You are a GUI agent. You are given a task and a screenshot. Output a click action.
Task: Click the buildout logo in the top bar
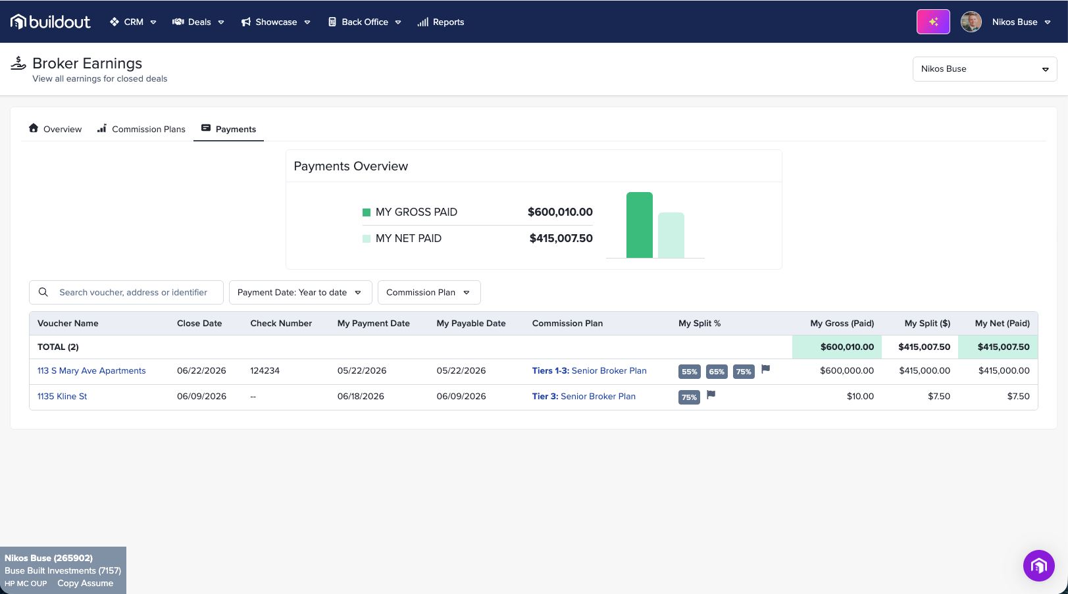pyautogui.click(x=51, y=22)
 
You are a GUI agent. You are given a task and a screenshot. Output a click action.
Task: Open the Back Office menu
pyautogui.click(x=365, y=22)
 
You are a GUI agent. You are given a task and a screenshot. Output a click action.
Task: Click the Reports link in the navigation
pyautogui.click(x=440, y=22)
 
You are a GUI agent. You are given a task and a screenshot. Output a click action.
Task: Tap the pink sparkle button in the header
pyautogui.click(x=932, y=22)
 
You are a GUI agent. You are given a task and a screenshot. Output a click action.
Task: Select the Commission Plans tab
pyautogui.click(x=141, y=129)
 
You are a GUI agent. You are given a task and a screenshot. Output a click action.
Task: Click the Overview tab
pyautogui.click(x=55, y=129)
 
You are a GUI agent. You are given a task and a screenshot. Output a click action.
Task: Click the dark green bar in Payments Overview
pyautogui.click(x=640, y=225)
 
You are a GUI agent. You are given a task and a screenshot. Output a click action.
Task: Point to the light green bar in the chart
pyautogui.click(x=671, y=235)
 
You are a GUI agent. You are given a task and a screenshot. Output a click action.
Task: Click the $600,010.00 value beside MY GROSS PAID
pyautogui.click(x=560, y=212)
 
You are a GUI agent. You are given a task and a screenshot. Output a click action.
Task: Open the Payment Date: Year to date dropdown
pyautogui.click(x=300, y=292)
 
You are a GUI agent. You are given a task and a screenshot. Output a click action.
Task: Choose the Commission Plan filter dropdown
pyautogui.click(x=429, y=292)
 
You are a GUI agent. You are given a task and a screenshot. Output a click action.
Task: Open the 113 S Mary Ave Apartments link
pyautogui.click(x=91, y=371)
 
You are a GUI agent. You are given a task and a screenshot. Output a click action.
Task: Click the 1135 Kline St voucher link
pyautogui.click(x=62, y=397)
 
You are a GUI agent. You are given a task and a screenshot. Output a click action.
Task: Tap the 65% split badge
pyautogui.click(x=717, y=372)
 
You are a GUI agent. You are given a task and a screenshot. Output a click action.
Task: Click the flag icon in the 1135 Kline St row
pyautogui.click(x=711, y=395)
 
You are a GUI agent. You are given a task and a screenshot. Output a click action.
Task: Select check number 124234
pyautogui.click(x=265, y=371)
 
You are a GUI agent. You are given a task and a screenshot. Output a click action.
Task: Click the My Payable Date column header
pyautogui.click(x=471, y=323)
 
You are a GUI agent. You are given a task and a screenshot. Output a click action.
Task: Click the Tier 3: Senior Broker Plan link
pyautogui.click(x=584, y=397)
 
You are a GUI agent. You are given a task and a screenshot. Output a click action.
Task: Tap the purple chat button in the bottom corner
pyautogui.click(x=1038, y=566)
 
